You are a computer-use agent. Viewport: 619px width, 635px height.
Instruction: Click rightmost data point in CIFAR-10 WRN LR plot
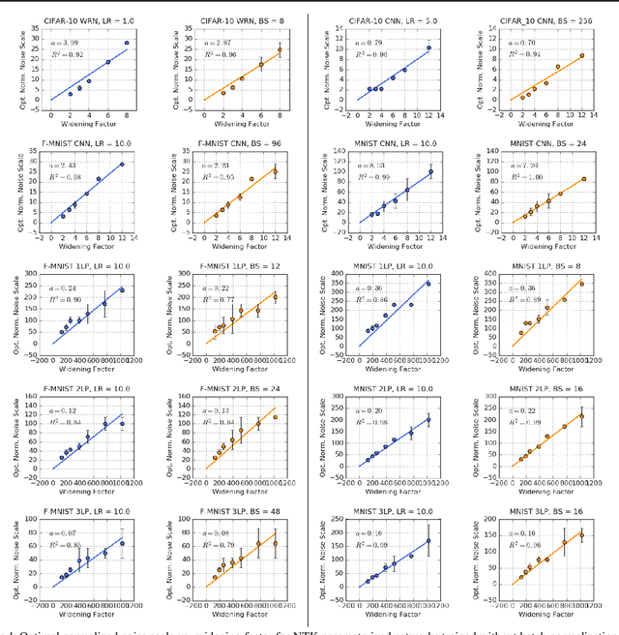[127, 44]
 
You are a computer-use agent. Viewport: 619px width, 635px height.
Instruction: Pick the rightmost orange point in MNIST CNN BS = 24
[584, 179]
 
